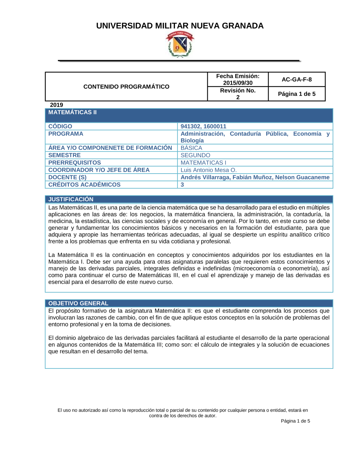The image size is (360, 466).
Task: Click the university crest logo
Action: (180, 44)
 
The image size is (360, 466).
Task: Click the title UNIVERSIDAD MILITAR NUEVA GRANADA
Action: (180, 26)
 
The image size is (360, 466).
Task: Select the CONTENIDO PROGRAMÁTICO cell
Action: (126, 87)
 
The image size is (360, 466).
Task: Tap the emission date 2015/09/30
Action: (238, 83)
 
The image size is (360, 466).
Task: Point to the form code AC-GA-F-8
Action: (297, 80)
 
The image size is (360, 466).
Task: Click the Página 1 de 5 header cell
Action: (297, 94)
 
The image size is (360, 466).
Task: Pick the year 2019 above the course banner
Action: (57, 105)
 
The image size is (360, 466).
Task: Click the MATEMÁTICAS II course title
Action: (72, 112)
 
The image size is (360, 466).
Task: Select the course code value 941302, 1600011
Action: (203, 126)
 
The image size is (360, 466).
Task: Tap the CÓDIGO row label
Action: (60, 126)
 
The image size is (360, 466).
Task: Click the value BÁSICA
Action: (191, 148)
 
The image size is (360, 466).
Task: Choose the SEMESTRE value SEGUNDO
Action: (195, 155)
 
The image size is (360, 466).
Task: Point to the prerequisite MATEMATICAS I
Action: (203, 163)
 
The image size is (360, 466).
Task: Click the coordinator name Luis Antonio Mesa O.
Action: (208, 170)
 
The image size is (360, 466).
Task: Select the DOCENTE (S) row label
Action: (67, 177)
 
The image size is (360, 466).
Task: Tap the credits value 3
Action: (182, 185)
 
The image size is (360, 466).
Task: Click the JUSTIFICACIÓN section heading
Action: (71, 199)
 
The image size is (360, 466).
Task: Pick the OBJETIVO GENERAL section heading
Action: (78, 303)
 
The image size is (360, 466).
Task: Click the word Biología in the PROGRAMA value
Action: (192, 140)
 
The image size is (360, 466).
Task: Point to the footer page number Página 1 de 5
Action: (295, 421)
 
